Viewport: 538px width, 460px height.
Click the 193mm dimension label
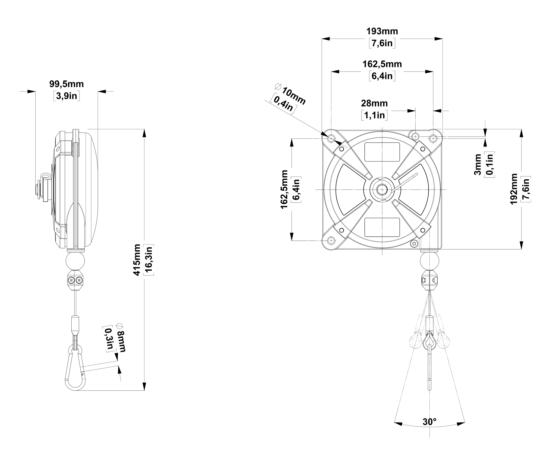tap(382, 31)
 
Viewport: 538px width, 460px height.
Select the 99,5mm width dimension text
tap(67, 84)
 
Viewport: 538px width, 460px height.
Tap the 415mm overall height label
tap(137, 260)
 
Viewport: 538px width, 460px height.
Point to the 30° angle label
tap(429, 422)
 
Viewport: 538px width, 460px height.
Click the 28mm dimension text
tap(374, 103)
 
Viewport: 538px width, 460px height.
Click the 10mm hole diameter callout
tap(293, 96)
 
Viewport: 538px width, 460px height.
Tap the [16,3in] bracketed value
tap(149, 260)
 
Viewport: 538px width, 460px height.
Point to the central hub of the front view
tap(382, 189)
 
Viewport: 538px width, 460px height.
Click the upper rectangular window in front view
tap(382, 152)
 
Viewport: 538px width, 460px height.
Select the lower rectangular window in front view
tap(382, 227)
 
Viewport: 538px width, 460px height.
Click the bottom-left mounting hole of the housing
tap(331, 240)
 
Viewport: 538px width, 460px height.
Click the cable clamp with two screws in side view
tap(75, 280)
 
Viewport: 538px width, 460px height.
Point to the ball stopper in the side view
tap(75, 261)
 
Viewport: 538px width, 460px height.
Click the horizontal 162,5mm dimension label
tap(382, 64)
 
